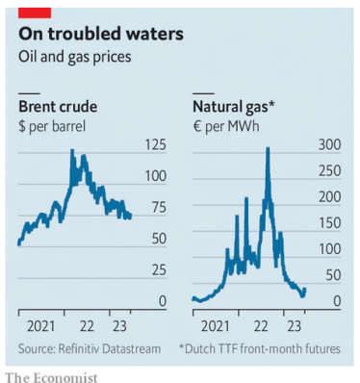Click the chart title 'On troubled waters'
pyautogui.click(x=100, y=35)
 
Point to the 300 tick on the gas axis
pyautogui.click(x=330, y=145)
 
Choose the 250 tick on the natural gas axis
pyautogui.click(x=330, y=171)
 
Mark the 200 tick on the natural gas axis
pyautogui.click(x=330, y=197)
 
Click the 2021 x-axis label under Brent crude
pyautogui.click(x=39, y=325)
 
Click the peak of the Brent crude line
pyautogui.click(x=73, y=153)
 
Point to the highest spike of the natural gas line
pyautogui.click(x=267, y=148)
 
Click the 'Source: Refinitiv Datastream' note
pyautogui.click(x=89, y=346)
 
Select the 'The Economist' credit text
pyautogui.click(x=51, y=374)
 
